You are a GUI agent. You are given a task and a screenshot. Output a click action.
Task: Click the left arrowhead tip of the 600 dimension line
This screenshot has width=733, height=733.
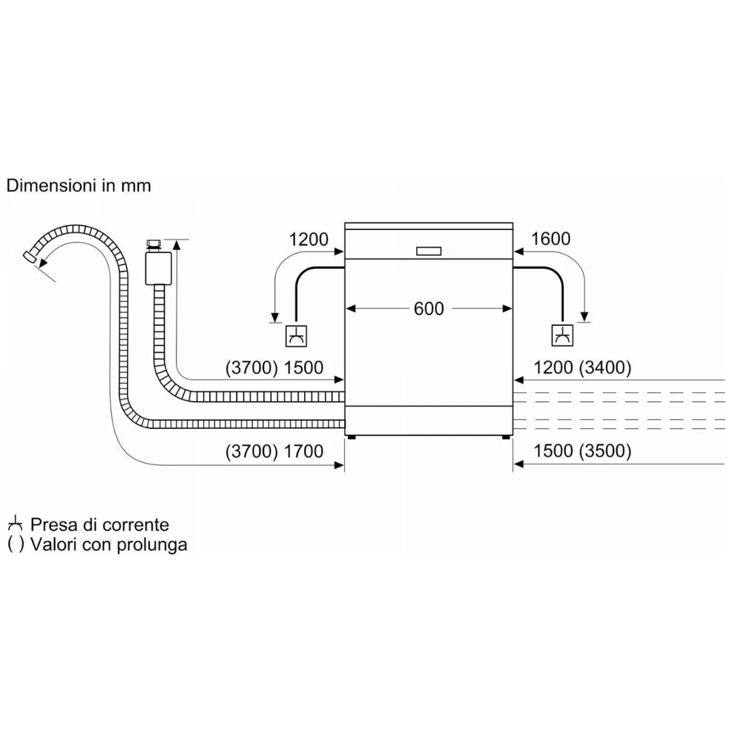coord(345,309)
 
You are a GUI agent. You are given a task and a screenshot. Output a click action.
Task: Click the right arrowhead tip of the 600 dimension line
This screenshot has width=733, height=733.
coord(512,309)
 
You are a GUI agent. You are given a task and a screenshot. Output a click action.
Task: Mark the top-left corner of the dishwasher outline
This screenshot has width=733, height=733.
coord(345,223)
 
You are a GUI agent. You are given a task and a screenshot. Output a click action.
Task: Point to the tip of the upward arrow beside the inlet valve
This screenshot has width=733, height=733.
coord(176,240)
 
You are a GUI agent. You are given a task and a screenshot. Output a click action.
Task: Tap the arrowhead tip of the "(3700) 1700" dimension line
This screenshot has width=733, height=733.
coord(344,465)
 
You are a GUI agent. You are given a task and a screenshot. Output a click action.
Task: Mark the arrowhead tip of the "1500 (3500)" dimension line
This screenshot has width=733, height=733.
coord(514,464)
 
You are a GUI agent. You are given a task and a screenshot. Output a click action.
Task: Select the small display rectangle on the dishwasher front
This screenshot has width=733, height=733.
coord(429,251)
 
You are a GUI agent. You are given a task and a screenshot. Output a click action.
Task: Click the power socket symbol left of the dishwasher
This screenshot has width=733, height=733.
coord(297,336)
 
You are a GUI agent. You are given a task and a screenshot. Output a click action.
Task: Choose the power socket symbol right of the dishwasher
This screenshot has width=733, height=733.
coord(563,335)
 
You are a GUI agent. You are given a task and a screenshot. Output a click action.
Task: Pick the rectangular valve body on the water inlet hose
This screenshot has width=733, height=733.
coord(158,268)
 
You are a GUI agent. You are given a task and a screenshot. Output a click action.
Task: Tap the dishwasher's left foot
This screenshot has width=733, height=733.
coord(351,438)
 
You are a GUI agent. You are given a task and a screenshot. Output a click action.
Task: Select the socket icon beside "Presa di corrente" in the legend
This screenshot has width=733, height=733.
coord(16,525)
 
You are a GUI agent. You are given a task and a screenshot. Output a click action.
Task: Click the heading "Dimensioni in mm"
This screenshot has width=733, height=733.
coord(79,185)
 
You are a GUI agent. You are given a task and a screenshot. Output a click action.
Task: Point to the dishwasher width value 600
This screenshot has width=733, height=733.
coord(429,309)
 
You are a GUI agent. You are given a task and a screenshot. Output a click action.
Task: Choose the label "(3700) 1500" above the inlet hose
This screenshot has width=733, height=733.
coord(274,368)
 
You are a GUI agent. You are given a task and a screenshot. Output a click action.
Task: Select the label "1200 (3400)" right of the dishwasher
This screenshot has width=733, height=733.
coord(582,368)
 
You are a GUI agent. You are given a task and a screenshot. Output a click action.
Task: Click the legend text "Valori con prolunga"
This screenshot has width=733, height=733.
coord(109,544)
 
